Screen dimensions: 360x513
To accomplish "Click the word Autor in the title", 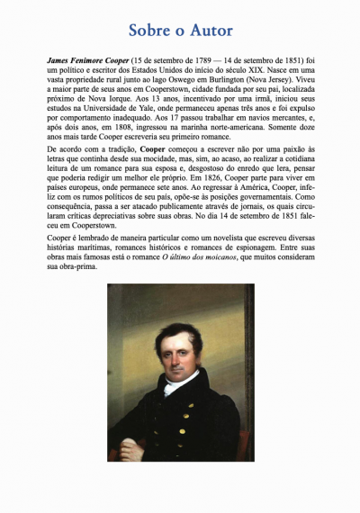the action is [209, 30].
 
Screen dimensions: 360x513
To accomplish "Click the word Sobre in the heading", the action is [151, 30].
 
